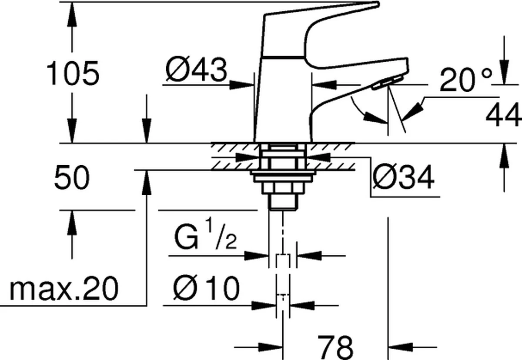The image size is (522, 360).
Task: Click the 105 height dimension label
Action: click(x=73, y=73)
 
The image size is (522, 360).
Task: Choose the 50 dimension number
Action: click(x=72, y=178)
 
